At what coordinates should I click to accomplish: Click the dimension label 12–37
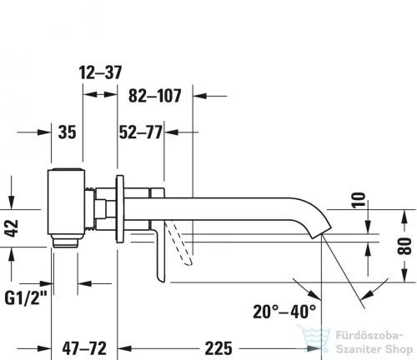103,73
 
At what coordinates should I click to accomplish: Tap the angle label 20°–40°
285,312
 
